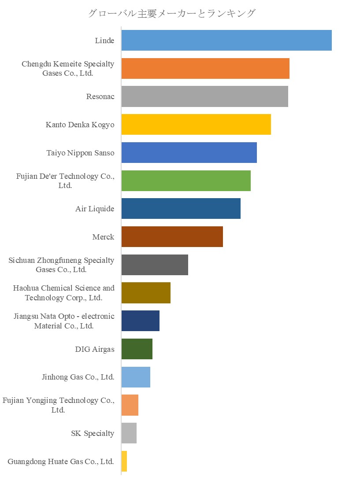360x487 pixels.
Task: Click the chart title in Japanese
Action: pyautogui.click(x=171, y=13)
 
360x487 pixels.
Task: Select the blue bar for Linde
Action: pyautogui.click(x=226, y=41)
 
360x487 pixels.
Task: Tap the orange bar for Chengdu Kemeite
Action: pyautogui.click(x=205, y=68)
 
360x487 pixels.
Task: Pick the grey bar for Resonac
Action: pyautogui.click(x=204, y=96)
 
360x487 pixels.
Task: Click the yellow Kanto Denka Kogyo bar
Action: pyautogui.click(x=196, y=125)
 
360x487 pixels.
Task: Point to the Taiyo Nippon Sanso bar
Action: pyautogui.click(x=189, y=152)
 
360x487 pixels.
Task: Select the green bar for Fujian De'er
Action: pyautogui.click(x=186, y=181)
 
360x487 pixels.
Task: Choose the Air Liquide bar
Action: pyautogui.click(x=181, y=209)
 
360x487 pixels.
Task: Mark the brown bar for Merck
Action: pyautogui.click(x=172, y=237)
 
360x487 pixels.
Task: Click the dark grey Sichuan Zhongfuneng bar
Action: pyautogui.click(x=154, y=265)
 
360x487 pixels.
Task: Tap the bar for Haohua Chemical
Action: pyautogui.click(x=145, y=293)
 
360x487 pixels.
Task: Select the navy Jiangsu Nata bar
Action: pyautogui.click(x=140, y=321)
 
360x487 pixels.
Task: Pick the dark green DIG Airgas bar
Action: pyautogui.click(x=137, y=349)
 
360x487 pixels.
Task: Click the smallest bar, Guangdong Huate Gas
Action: pyautogui.click(x=124, y=461)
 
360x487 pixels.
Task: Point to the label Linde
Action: pyautogui.click(x=104, y=41)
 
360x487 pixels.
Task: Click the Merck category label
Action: pyautogui.click(x=103, y=237)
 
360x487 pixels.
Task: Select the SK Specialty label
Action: pyautogui.click(x=93, y=434)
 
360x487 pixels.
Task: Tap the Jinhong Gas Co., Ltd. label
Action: pyautogui.click(x=78, y=377)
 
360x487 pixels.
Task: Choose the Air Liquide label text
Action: pyautogui.click(x=95, y=209)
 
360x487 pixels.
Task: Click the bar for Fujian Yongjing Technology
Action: pyautogui.click(x=130, y=405)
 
